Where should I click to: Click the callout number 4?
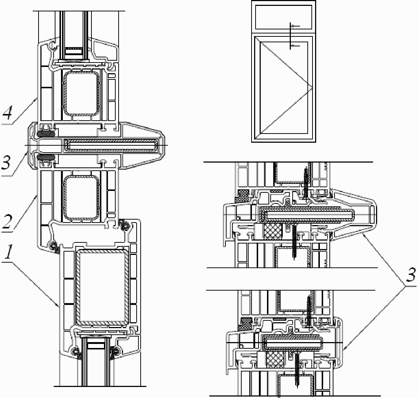[7, 113]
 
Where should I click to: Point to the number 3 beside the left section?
[6, 162]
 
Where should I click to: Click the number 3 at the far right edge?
[411, 275]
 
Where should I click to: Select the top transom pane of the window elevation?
[283, 17]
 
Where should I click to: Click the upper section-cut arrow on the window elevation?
[296, 26]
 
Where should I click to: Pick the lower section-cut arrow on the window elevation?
[296, 46]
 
